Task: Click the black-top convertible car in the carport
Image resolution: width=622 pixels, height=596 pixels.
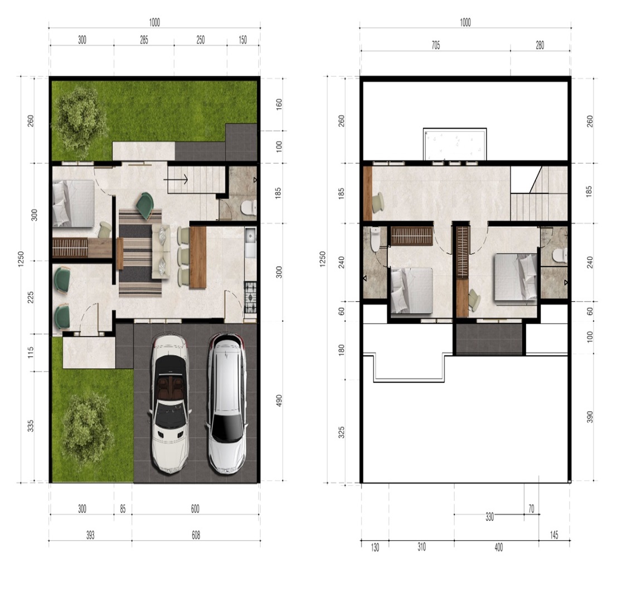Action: [x=170, y=404]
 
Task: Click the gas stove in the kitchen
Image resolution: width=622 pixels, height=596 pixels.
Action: [x=250, y=297]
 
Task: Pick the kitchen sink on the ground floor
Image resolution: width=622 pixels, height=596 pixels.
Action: [x=250, y=242]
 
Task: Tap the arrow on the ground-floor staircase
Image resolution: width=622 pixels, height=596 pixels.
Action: [x=176, y=179]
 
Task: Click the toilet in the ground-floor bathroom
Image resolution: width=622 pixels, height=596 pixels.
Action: [x=249, y=207]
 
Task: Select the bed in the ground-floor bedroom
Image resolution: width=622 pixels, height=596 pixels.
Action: [x=74, y=203]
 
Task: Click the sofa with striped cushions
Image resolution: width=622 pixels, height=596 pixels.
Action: [x=161, y=252]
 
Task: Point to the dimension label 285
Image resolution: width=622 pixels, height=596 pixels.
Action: [x=144, y=40]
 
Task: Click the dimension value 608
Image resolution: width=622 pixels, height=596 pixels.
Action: [x=196, y=535]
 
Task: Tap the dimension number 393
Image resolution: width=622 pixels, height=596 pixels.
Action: [x=90, y=535]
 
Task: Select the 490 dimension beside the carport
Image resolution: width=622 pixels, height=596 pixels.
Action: [x=279, y=400]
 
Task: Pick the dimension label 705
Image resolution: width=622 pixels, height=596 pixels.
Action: [x=435, y=46]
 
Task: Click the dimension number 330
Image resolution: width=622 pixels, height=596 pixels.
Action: [x=489, y=517]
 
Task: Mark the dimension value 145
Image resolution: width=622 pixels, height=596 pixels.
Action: [x=554, y=535]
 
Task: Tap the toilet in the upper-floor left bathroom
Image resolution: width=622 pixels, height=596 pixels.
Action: [x=375, y=239]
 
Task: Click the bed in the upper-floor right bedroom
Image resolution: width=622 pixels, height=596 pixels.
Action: [x=516, y=277]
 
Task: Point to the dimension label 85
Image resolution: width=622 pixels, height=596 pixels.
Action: [x=123, y=509]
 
